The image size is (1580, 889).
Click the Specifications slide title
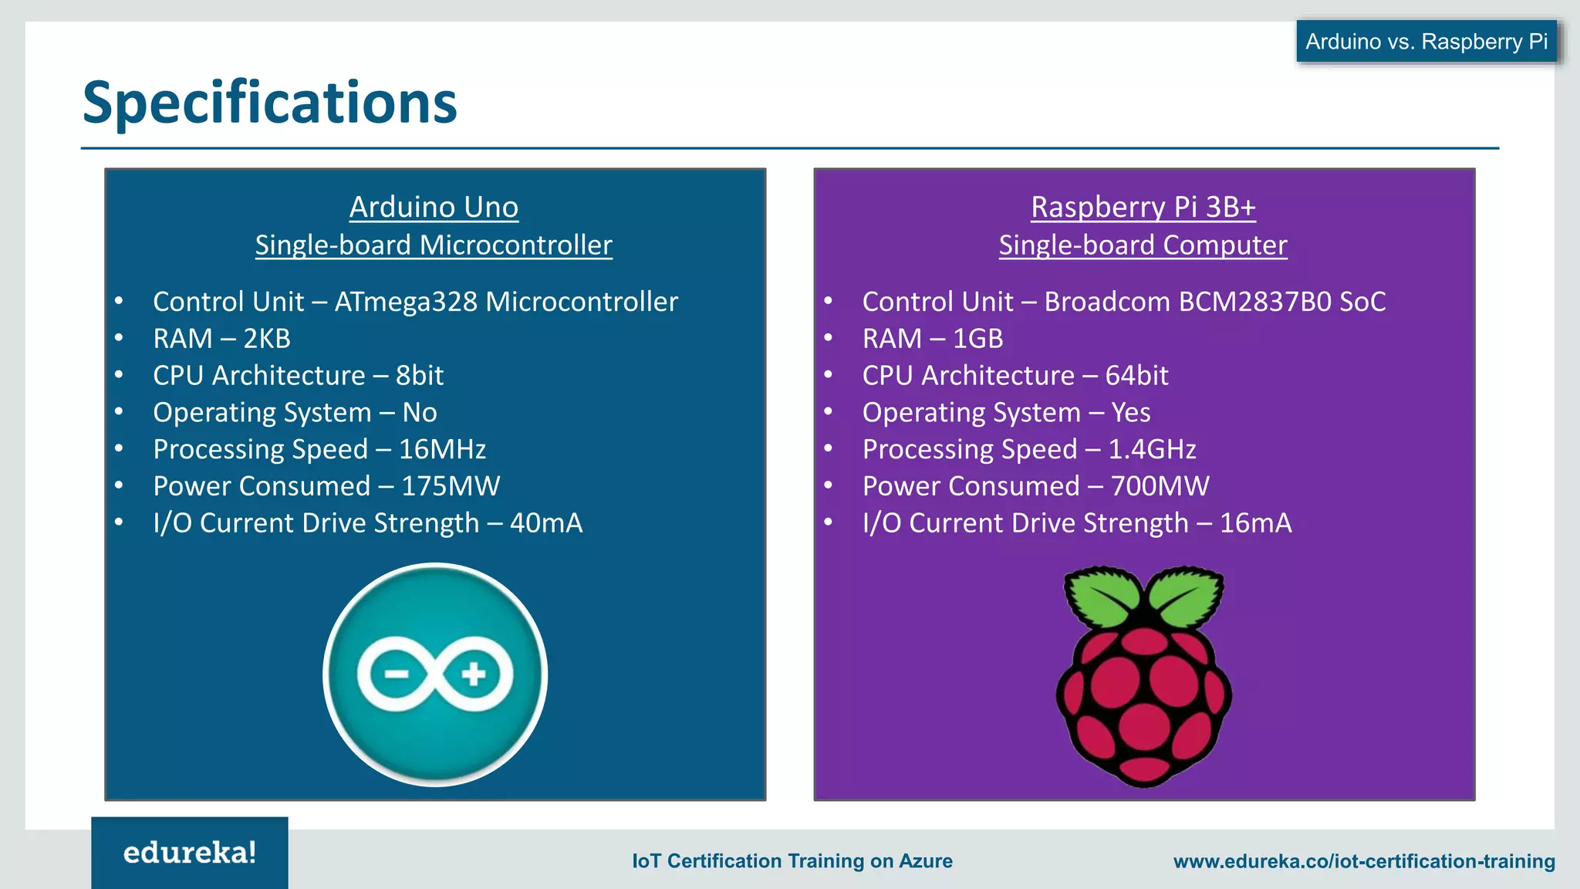click(269, 103)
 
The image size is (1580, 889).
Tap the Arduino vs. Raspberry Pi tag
click(1426, 42)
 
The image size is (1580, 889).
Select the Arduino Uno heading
click(434, 207)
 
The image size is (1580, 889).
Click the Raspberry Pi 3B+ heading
click(1143, 207)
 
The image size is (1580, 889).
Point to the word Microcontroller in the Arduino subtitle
click(515, 245)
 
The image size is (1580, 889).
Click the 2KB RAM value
click(267, 339)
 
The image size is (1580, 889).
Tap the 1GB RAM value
click(977, 339)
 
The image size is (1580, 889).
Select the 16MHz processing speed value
click(442, 449)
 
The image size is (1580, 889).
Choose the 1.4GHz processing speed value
click(1152, 449)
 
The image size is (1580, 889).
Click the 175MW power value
click(451, 486)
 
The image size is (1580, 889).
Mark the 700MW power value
click(1160, 486)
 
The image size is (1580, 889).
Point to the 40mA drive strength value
click(546, 523)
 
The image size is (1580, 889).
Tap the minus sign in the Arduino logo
click(397, 674)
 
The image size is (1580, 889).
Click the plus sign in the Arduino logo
click(474, 674)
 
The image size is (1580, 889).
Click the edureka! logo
click(190, 853)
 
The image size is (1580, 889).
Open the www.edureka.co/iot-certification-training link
click(1364, 861)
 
